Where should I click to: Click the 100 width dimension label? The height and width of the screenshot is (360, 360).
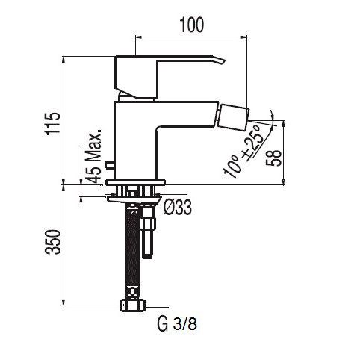[x=191, y=25]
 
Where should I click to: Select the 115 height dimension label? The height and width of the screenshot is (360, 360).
[x=52, y=123]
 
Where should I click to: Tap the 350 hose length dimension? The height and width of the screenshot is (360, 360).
[x=52, y=242]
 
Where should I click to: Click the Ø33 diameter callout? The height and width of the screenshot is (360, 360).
[x=178, y=208]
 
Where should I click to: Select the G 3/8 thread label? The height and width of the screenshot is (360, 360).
[x=177, y=323]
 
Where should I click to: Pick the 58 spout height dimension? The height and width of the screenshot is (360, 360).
[x=273, y=158]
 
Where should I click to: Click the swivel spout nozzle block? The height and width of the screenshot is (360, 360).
[x=234, y=117]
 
